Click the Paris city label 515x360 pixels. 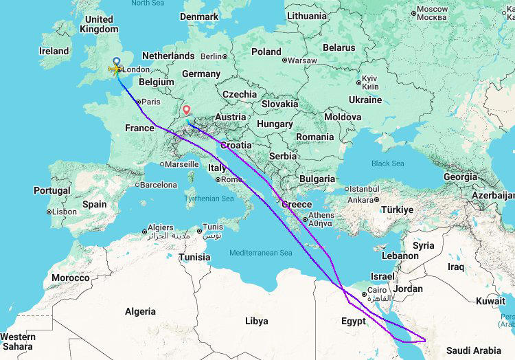pyautogui.click(x=150, y=102)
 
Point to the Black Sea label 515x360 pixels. pyautogui.click(x=388, y=164)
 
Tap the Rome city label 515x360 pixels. pyautogui.click(x=231, y=180)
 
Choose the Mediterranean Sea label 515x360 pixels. pyautogui.click(x=261, y=253)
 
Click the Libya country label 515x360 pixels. pyautogui.click(x=256, y=321)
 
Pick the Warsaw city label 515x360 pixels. pyautogui.click(x=301, y=60)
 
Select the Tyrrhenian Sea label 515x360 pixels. pyautogui.click(x=209, y=199)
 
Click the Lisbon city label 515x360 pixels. pyautogui.click(x=64, y=212)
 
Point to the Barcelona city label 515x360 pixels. pyautogui.click(x=159, y=185)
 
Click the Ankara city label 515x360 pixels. pyautogui.click(x=360, y=200)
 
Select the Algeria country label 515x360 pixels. pyautogui.click(x=140, y=311)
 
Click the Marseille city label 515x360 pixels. pyautogui.click(x=185, y=164)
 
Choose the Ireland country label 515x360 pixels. pyautogui.click(x=54, y=51)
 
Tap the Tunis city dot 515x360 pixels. pyautogui.click(x=200, y=231)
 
